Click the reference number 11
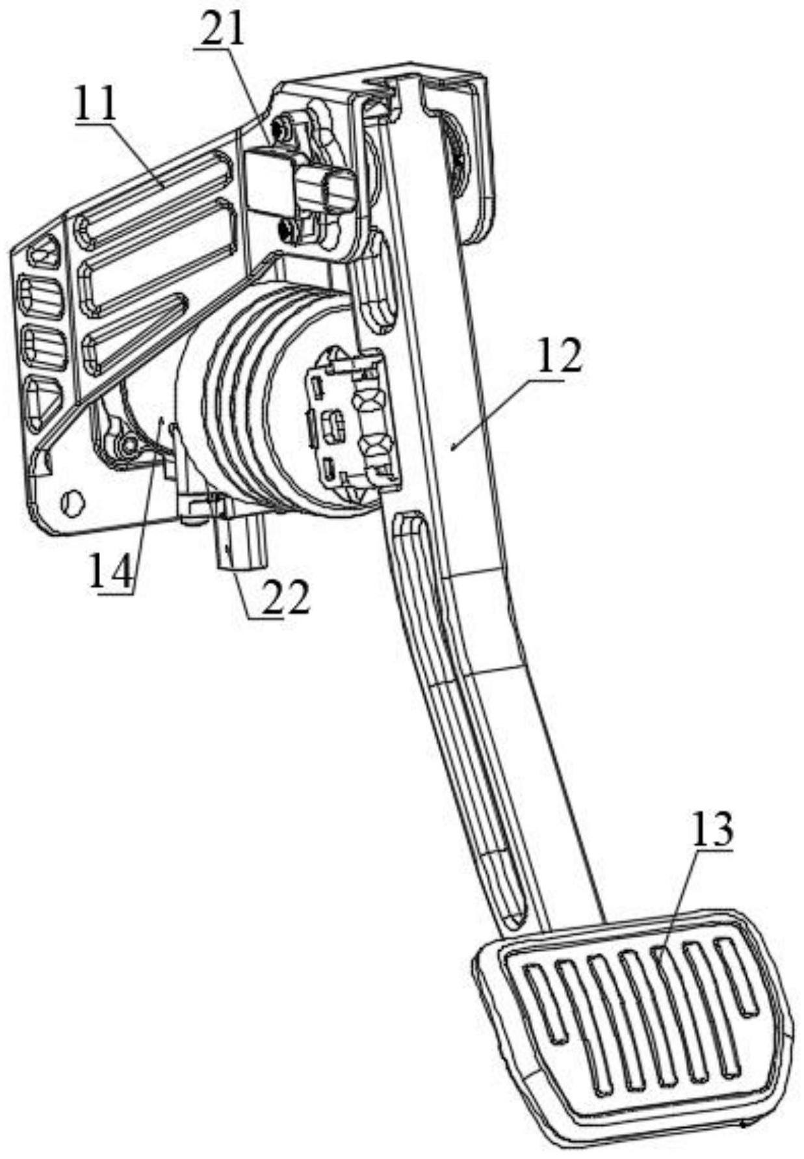pyautogui.click(x=95, y=103)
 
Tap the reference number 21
pyautogui.click(x=223, y=29)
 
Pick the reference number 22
pyautogui.click(x=285, y=597)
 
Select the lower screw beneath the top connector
pyautogui.click(x=287, y=228)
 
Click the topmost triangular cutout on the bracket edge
pyautogui.click(x=43, y=251)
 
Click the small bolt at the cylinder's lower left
pyautogui.click(x=129, y=444)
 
